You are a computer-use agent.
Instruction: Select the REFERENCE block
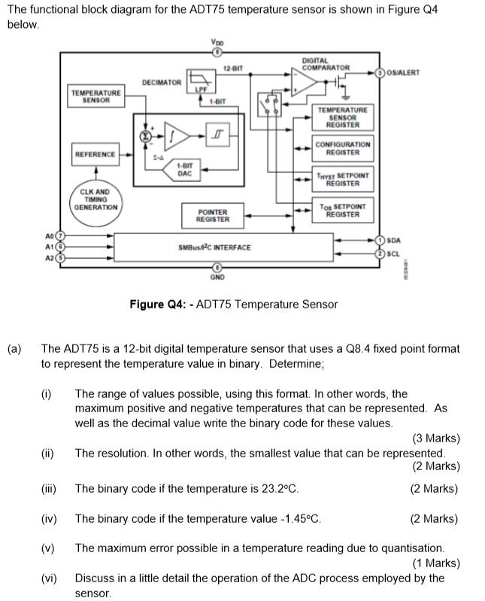click(95, 154)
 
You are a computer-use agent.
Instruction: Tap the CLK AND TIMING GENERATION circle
click(95, 200)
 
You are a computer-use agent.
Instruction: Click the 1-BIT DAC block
click(184, 169)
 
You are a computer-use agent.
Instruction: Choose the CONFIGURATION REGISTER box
click(342, 148)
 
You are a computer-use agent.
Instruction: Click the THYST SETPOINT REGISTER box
click(342, 178)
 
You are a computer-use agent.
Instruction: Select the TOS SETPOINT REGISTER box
click(342, 211)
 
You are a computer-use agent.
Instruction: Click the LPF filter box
click(201, 80)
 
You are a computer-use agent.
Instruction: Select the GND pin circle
click(217, 267)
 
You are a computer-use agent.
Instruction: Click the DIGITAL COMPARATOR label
click(325, 64)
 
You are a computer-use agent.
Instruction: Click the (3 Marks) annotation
click(435, 439)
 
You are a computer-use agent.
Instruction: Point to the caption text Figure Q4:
click(160, 305)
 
